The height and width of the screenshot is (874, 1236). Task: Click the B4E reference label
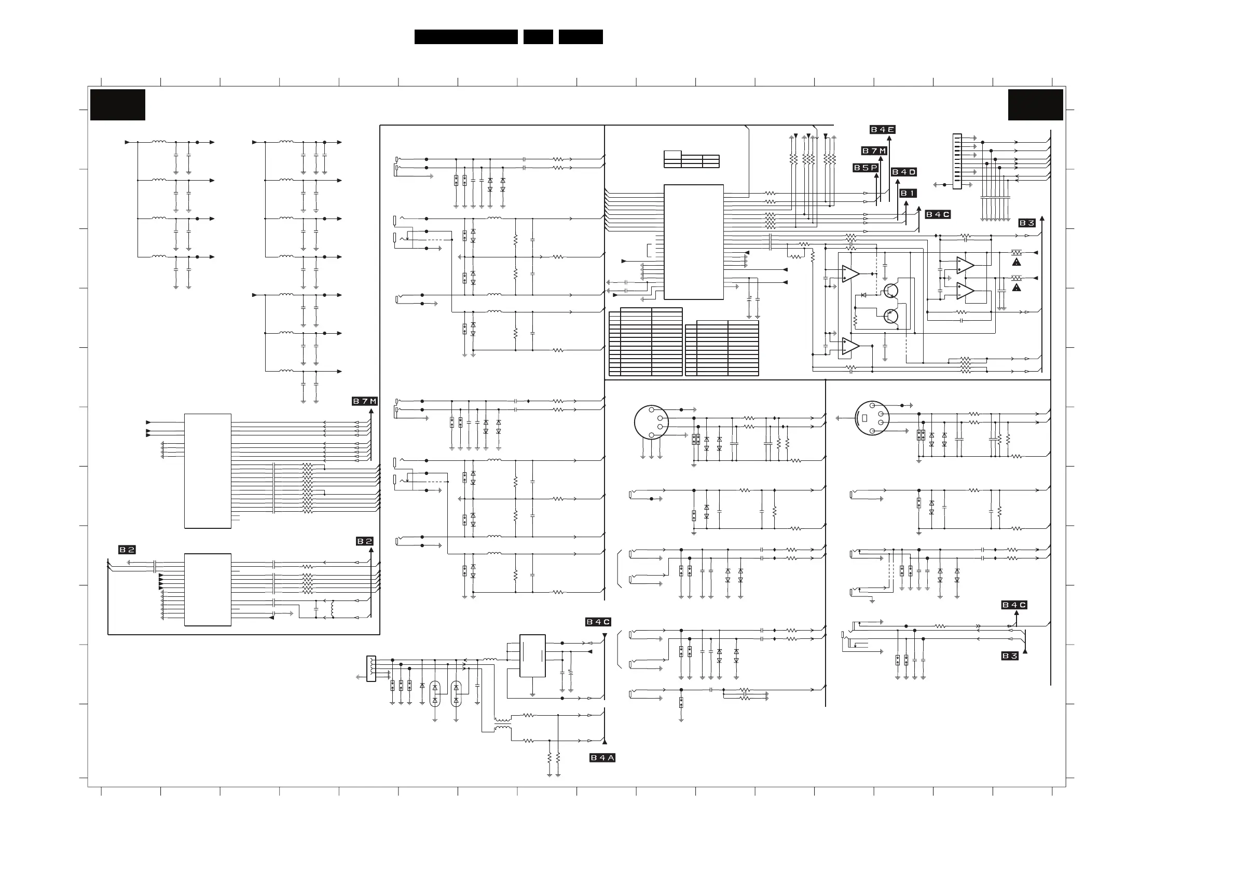click(882, 130)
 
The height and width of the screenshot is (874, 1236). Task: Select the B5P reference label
click(865, 168)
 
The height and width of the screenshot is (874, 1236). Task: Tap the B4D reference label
click(904, 172)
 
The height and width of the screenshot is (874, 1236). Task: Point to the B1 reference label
click(908, 193)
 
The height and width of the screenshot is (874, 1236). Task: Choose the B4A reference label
click(602, 758)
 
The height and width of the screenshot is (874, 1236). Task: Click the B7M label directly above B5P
click(874, 152)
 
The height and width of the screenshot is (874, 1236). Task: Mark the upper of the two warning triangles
click(1017, 262)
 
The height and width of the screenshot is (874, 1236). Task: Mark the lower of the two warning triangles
click(1017, 288)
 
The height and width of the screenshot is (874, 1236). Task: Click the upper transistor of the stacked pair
click(891, 291)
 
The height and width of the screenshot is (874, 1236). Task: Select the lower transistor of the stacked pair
click(891, 316)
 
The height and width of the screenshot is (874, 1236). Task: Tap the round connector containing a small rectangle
click(872, 418)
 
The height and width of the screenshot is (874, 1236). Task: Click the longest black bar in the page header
click(465, 37)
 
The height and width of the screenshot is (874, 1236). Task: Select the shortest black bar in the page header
click(538, 37)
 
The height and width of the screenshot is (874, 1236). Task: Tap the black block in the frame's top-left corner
click(117, 105)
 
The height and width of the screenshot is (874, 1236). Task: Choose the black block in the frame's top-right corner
click(1035, 105)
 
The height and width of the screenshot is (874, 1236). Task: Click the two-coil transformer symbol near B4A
click(503, 725)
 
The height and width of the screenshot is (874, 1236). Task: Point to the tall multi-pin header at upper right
click(957, 161)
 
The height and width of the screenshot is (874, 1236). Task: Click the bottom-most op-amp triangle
click(850, 346)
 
